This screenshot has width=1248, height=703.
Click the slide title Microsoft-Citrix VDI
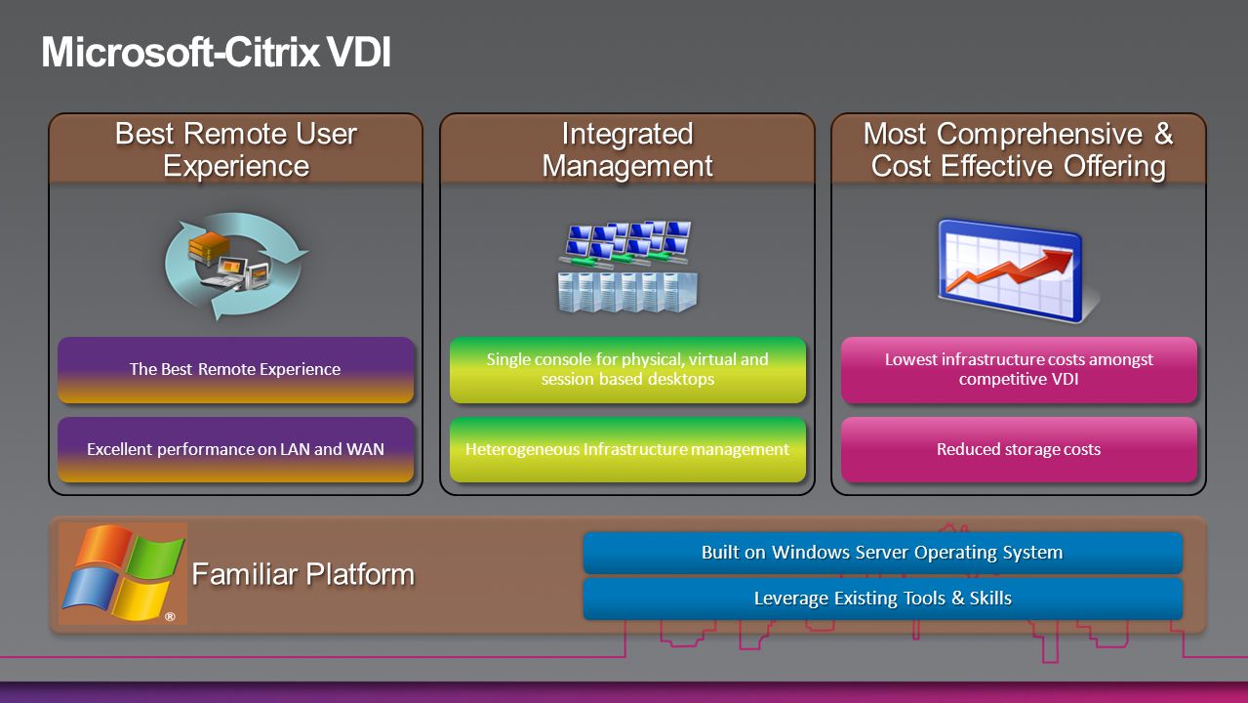(x=217, y=53)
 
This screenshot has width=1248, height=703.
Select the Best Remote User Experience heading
(x=236, y=149)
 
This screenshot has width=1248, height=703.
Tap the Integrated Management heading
(x=627, y=149)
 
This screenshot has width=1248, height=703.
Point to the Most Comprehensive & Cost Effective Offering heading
(x=1019, y=149)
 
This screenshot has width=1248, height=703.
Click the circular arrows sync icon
(x=236, y=266)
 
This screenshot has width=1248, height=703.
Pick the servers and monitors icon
(x=627, y=267)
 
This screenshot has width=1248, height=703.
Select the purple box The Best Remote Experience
(x=236, y=370)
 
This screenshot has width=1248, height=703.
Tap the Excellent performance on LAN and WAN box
(x=236, y=449)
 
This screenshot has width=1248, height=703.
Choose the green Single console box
(x=627, y=370)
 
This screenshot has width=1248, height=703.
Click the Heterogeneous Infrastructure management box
(x=627, y=449)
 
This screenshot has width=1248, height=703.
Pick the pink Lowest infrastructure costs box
(x=1019, y=370)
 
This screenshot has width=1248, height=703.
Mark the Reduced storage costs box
(x=1019, y=449)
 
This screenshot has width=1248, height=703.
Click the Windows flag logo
(x=123, y=573)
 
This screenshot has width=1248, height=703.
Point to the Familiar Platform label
(x=303, y=574)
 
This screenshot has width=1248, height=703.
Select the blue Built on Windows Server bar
(x=883, y=553)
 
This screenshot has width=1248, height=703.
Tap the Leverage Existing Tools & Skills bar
(x=883, y=599)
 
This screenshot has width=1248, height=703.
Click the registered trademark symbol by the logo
(x=170, y=616)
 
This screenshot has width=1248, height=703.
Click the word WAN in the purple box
(x=366, y=449)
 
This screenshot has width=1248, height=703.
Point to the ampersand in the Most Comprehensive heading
(x=1163, y=134)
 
